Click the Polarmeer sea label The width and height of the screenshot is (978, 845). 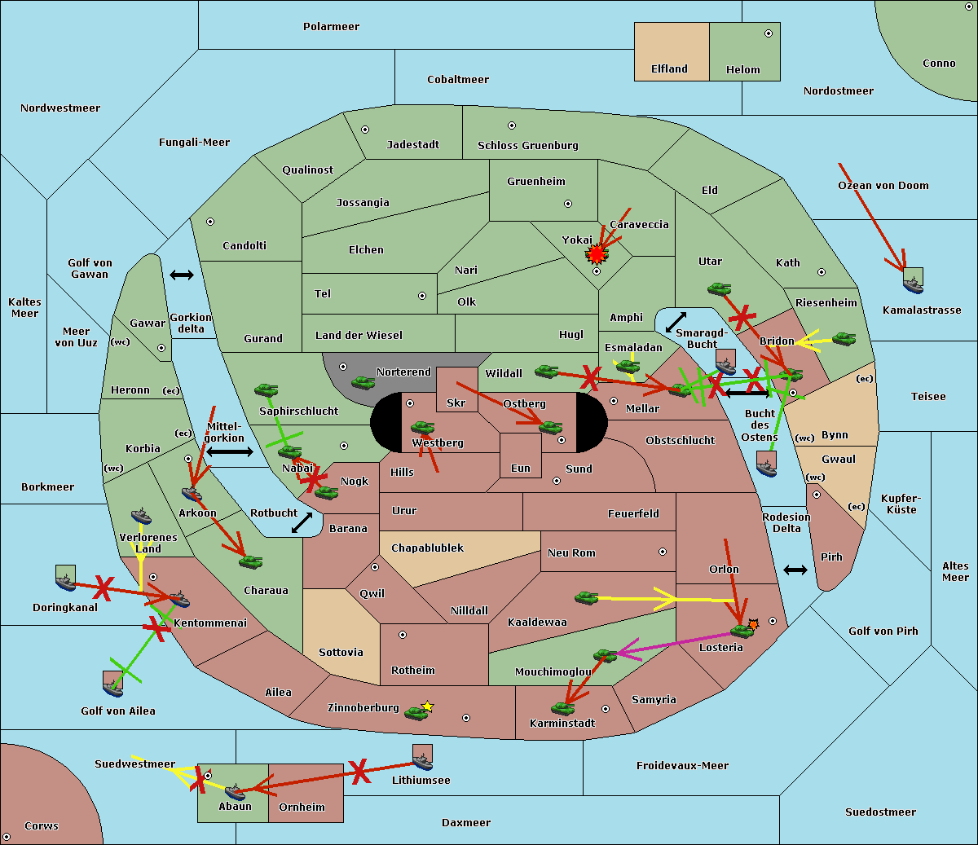pyautogui.click(x=331, y=27)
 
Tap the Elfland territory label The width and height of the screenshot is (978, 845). pyautogui.click(x=669, y=69)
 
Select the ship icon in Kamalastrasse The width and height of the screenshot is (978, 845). pyautogui.click(x=914, y=282)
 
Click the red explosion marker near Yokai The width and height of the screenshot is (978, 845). pyautogui.click(x=597, y=255)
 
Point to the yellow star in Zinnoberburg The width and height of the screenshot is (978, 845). pyautogui.click(x=428, y=706)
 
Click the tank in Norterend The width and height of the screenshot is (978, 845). pyautogui.click(x=363, y=382)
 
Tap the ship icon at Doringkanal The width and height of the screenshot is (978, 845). pyautogui.click(x=65, y=579)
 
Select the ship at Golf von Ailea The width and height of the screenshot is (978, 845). pyautogui.click(x=112, y=684)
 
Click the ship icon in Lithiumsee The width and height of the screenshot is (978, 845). pyautogui.click(x=422, y=759)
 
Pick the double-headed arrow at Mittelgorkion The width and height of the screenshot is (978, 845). pyautogui.click(x=230, y=451)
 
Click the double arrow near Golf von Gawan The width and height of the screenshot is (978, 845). pyautogui.click(x=182, y=275)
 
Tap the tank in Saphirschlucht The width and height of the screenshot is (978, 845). pyautogui.click(x=266, y=390)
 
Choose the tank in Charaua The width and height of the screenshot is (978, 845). pyautogui.click(x=250, y=561)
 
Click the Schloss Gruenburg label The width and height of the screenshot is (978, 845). pyautogui.click(x=527, y=146)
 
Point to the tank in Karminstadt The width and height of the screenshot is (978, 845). pyautogui.click(x=562, y=708)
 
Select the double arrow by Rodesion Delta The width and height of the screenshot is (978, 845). pyautogui.click(x=795, y=570)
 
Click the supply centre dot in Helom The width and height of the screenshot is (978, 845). pyautogui.click(x=768, y=33)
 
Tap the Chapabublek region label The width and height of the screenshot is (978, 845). pyautogui.click(x=427, y=548)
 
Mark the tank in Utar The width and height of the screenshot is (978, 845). pyautogui.click(x=719, y=288)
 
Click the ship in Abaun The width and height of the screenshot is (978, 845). pyautogui.click(x=235, y=791)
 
